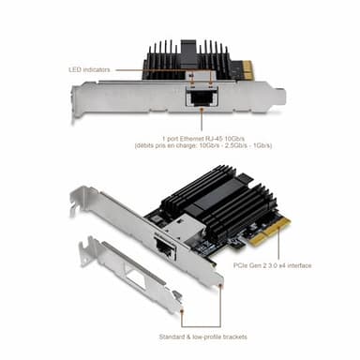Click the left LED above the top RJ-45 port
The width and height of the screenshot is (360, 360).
click(x=191, y=82)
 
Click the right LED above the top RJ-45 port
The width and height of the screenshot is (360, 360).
click(x=208, y=82)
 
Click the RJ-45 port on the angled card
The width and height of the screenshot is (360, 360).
click(x=162, y=247)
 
